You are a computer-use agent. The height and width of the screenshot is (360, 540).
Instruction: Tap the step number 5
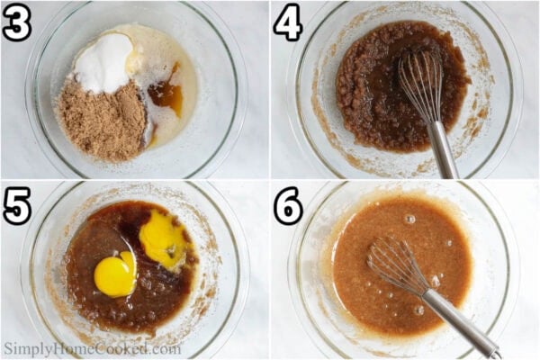tap(17, 206)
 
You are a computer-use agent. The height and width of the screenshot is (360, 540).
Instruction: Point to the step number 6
tap(288, 206)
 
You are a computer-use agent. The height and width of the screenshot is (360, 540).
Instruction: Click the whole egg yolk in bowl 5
tap(115, 275)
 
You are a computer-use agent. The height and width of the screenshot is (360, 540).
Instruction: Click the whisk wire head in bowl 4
tap(419, 85)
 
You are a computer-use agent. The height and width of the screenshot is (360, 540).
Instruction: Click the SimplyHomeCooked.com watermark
tap(91, 348)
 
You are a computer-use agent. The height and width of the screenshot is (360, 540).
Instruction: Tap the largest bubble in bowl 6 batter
tap(409, 219)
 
